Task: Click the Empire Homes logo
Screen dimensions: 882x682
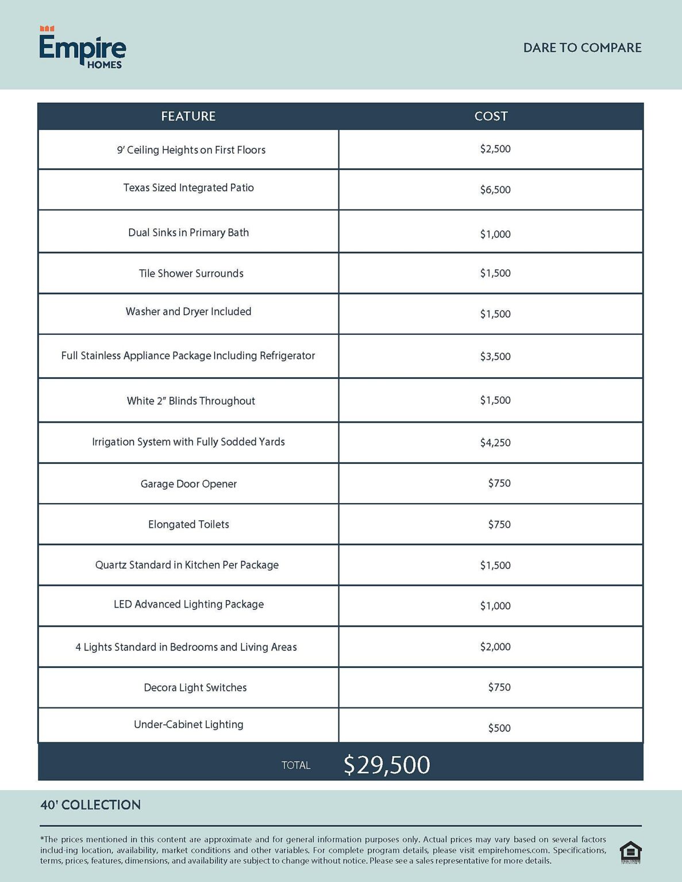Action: pos(82,48)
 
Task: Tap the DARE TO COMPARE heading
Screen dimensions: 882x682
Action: pos(582,48)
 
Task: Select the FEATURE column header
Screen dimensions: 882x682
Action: pos(188,116)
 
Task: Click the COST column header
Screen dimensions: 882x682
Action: pos(491,116)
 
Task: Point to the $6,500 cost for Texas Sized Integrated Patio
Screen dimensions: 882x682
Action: pos(495,189)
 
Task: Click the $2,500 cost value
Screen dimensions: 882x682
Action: pos(495,149)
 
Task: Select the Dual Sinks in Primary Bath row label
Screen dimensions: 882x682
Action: pos(188,233)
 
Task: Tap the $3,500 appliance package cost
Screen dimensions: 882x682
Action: pos(495,356)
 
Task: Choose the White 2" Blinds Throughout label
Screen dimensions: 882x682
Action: pos(191,401)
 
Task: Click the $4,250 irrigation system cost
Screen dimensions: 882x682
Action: pos(495,442)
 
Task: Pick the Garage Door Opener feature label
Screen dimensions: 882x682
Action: pos(188,484)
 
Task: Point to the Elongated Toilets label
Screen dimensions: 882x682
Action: pos(188,524)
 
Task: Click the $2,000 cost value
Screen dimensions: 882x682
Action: pos(495,647)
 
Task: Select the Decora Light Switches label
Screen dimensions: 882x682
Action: pos(195,687)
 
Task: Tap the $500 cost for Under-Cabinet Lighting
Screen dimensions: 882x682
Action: pos(499,728)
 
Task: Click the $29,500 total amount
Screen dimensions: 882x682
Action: pos(387,765)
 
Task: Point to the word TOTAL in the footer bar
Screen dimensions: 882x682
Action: pos(295,765)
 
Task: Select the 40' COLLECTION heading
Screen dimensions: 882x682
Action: pos(90,805)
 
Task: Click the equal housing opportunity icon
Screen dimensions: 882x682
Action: pos(630,852)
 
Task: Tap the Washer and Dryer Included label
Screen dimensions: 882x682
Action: pos(188,311)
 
